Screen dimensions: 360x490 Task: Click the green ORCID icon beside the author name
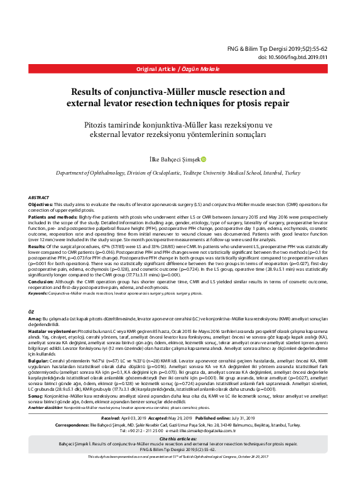point(203,160)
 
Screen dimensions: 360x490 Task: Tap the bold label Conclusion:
point(43,283)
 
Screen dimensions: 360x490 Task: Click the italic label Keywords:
point(38,293)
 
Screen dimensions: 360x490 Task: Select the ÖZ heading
point(32,311)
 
